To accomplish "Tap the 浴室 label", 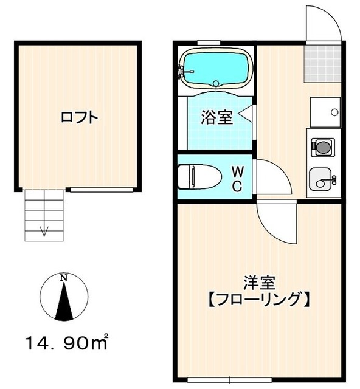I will click(217, 117).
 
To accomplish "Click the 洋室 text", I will click(260, 283).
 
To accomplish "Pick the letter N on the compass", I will click(63, 278).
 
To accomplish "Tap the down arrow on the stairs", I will click(44, 229).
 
